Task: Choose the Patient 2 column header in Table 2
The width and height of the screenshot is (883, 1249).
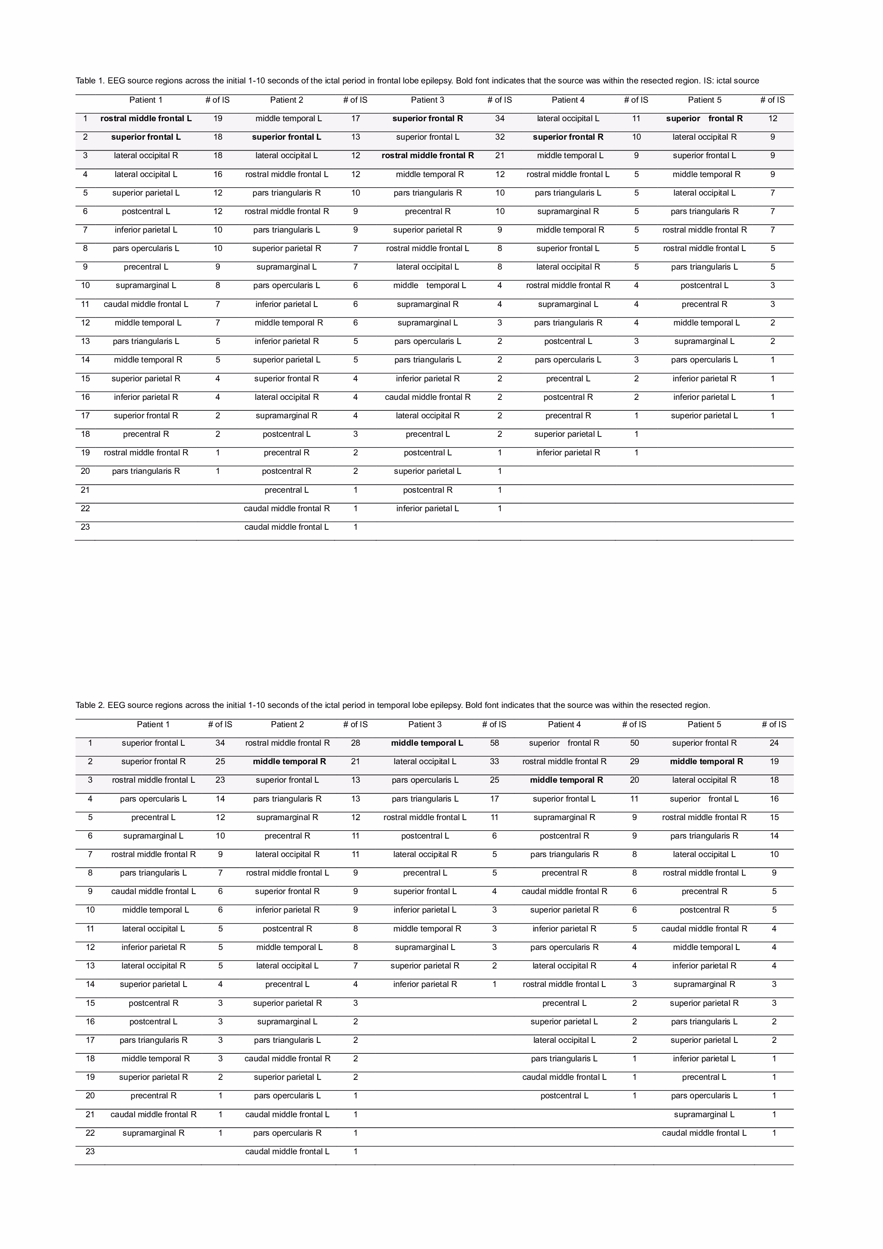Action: (287, 725)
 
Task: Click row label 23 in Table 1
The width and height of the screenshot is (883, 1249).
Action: (85, 527)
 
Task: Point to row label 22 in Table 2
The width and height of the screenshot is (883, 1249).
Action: (90, 1133)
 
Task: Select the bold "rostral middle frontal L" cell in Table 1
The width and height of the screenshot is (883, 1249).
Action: (146, 119)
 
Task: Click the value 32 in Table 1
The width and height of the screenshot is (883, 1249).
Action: (499, 137)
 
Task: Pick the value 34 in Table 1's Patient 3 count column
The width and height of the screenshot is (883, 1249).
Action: (499, 119)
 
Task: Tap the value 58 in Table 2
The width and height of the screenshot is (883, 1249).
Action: (494, 743)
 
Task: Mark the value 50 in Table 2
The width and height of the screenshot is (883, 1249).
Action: (634, 743)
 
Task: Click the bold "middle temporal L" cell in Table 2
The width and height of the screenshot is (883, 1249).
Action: (427, 743)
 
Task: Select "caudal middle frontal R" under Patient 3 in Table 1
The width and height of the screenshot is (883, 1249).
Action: (428, 397)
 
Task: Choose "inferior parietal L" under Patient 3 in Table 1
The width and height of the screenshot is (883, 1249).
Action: (428, 509)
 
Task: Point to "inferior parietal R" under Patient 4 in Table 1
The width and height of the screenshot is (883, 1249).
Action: (568, 453)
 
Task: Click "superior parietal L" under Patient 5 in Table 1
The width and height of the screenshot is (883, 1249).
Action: (704, 416)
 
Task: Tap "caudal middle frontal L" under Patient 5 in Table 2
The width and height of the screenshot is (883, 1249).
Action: (704, 1133)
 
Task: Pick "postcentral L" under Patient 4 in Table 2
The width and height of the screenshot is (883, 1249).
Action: (564, 1096)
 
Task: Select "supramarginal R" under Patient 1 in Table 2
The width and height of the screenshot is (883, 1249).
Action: (153, 1133)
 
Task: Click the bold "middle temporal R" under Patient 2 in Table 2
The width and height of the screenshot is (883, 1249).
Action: (290, 762)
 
